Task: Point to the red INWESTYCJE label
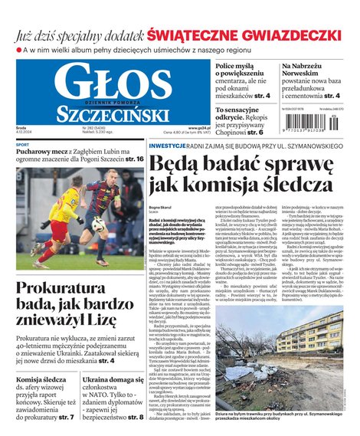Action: click(167, 145)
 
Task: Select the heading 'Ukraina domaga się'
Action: click(113, 380)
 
